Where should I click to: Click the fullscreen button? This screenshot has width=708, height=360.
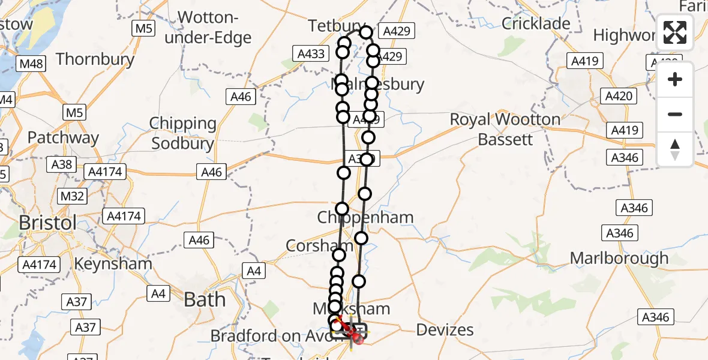(x=675, y=33)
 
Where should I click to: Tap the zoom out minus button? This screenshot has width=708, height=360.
(x=675, y=114)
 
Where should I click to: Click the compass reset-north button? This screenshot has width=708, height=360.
(x=675, y=149)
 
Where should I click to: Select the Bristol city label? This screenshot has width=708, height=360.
(x=47, y=223)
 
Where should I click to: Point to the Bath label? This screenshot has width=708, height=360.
(x=205, y=299)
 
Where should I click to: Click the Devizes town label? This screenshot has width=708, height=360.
(x=445, y=329)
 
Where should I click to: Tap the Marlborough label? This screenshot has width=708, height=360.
(x=619, y=258)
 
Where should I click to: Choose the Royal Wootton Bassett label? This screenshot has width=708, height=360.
(x=505, y=129)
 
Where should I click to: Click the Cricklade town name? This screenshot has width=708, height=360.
(x=536, y=23)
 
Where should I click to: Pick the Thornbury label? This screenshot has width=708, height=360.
(x=95, y=59)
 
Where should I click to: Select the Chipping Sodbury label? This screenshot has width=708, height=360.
(x=183, y=133)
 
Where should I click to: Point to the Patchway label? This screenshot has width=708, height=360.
(x=62, y=137)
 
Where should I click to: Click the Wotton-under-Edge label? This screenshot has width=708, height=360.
(x=214, y=27)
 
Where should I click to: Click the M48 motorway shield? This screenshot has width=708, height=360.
(x=32, y=64)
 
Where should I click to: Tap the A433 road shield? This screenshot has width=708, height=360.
(x=311, y=54)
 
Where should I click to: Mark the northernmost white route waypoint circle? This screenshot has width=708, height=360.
(x=366, y=32)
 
